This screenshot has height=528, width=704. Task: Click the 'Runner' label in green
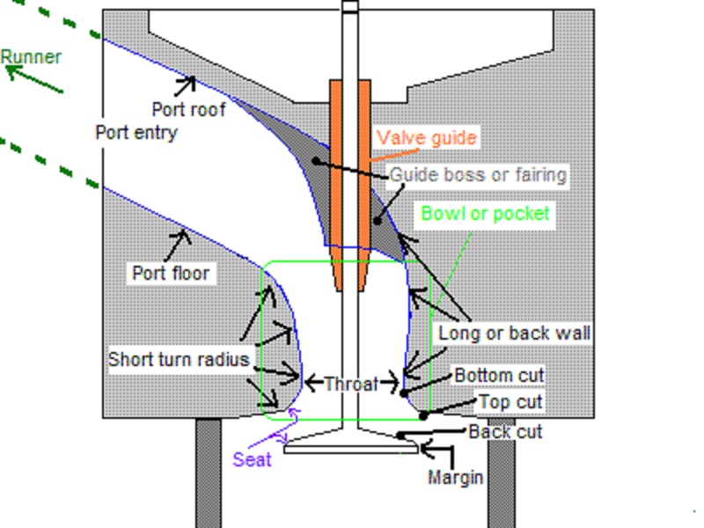coord(31,57)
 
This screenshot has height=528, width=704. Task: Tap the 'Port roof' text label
coord(188,109)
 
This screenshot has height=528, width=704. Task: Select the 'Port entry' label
coord(136,133)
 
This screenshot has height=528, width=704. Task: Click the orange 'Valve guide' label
coord(426,138)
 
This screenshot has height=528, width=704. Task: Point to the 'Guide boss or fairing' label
coord(478,175)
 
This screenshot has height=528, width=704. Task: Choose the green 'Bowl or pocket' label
coord(485,214)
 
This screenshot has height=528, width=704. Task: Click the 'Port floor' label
coord(171,273)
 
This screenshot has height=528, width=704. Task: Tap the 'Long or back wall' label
coord(514,334)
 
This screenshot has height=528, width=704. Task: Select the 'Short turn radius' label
coord(179,359)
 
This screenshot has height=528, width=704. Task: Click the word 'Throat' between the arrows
coord(351,384)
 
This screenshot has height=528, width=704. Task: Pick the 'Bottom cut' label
coord(499,376)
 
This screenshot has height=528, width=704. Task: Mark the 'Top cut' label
coord(510,402)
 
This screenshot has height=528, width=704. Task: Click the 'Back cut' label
coord(505,432)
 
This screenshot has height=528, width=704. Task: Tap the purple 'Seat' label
coord(252,459)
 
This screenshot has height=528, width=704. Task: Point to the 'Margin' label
coord(455,477)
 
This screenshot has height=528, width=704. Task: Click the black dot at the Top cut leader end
coord(423,415)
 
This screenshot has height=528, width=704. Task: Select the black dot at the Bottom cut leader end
coord(404,393)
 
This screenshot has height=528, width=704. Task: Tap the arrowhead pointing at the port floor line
coord(183,236)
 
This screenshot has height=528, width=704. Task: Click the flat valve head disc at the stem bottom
coord(351,449)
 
